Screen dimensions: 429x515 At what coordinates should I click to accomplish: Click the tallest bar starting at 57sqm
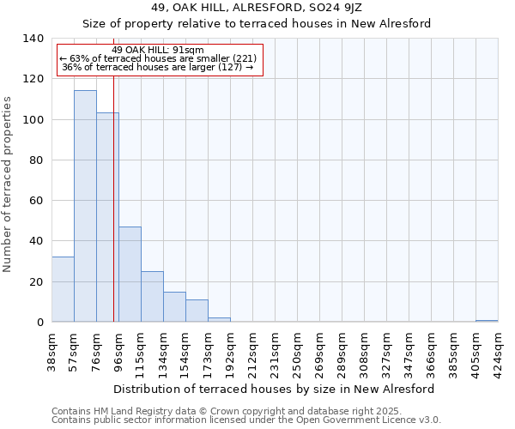click(85, 206)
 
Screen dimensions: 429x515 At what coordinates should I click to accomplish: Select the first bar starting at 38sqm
click(63, 289)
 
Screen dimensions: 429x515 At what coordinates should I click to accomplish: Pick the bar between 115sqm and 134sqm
click(152, 297)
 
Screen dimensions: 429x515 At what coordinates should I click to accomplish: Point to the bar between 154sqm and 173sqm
click(197, 311)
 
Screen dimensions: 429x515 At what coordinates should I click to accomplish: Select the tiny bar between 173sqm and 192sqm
click(219, 320)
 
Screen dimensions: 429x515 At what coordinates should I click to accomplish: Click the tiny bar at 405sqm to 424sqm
click(487, 321)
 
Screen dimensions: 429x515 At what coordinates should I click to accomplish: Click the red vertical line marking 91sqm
click(113, 214)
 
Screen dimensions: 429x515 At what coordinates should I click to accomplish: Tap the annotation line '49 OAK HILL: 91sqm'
click(158, 50)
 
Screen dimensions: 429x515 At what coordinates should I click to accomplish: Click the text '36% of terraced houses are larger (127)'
click(158, 67)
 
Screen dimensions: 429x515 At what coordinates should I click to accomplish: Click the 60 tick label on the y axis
click(36, 201)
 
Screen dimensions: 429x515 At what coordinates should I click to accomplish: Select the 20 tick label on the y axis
click(36, 281)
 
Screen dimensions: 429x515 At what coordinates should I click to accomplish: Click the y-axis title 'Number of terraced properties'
click(9, 184)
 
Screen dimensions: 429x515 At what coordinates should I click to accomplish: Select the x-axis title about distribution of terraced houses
click(275, 389)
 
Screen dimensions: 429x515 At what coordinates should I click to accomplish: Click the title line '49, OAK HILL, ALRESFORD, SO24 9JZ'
click(257, 9)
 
